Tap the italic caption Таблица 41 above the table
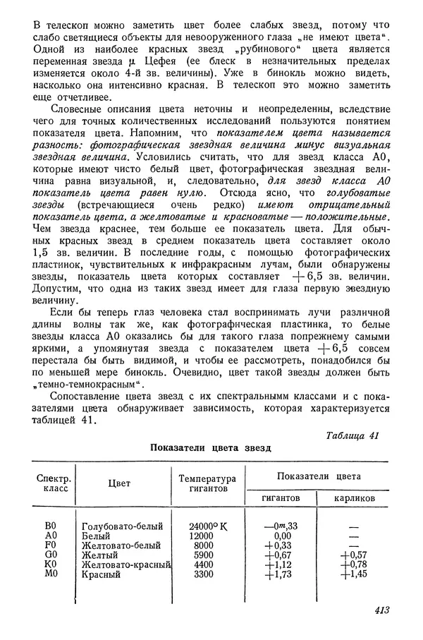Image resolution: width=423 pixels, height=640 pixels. [353, 435]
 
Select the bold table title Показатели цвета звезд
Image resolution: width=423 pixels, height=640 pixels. [210, 448]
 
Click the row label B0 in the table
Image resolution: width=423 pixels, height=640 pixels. [49, 526]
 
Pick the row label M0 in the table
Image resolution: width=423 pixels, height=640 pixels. [49, 574]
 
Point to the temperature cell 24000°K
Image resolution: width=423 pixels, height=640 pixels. [209, 526]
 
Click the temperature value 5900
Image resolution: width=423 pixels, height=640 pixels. [203, 555]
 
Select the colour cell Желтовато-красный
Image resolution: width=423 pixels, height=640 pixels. [127, 565]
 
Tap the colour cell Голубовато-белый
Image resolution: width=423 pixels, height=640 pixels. [122, 526]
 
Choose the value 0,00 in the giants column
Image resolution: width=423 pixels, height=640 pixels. [282, 536]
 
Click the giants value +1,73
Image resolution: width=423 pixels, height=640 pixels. [281, 574]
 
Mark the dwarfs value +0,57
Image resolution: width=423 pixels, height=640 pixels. [354, 555]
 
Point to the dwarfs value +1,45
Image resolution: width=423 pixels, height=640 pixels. [354, 574]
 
